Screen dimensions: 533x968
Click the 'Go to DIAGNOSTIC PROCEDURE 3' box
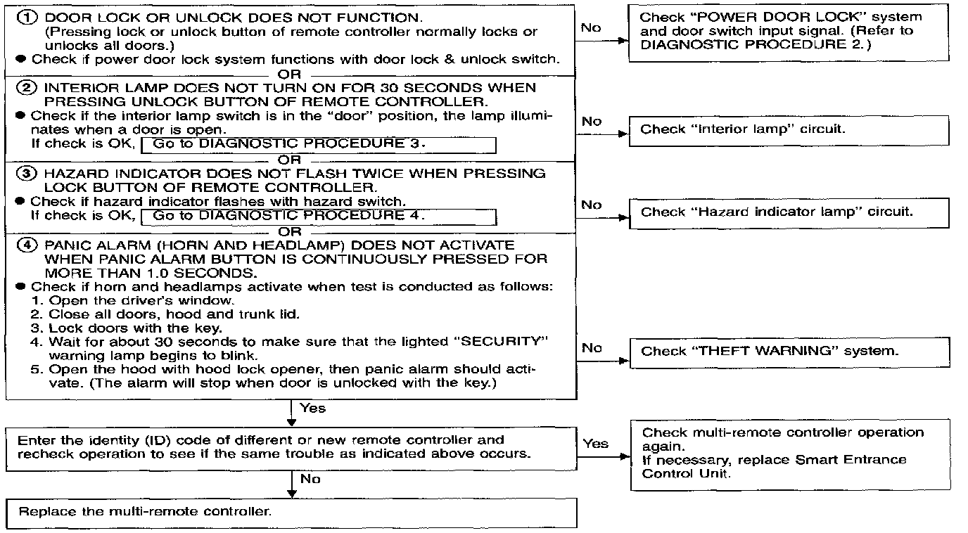point(319,145)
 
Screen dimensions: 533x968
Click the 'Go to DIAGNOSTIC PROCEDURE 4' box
point(319,216)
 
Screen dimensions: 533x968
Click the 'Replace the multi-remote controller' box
point(291,512)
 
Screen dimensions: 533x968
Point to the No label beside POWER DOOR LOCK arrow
point(592,27)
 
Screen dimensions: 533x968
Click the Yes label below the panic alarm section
point(312,408)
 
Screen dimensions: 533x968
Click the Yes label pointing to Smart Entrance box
point(595,444)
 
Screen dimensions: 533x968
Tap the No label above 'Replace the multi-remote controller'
point(310,479)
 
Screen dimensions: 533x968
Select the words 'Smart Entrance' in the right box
point(851,460)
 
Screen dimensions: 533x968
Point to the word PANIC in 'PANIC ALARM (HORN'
point(65,245)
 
